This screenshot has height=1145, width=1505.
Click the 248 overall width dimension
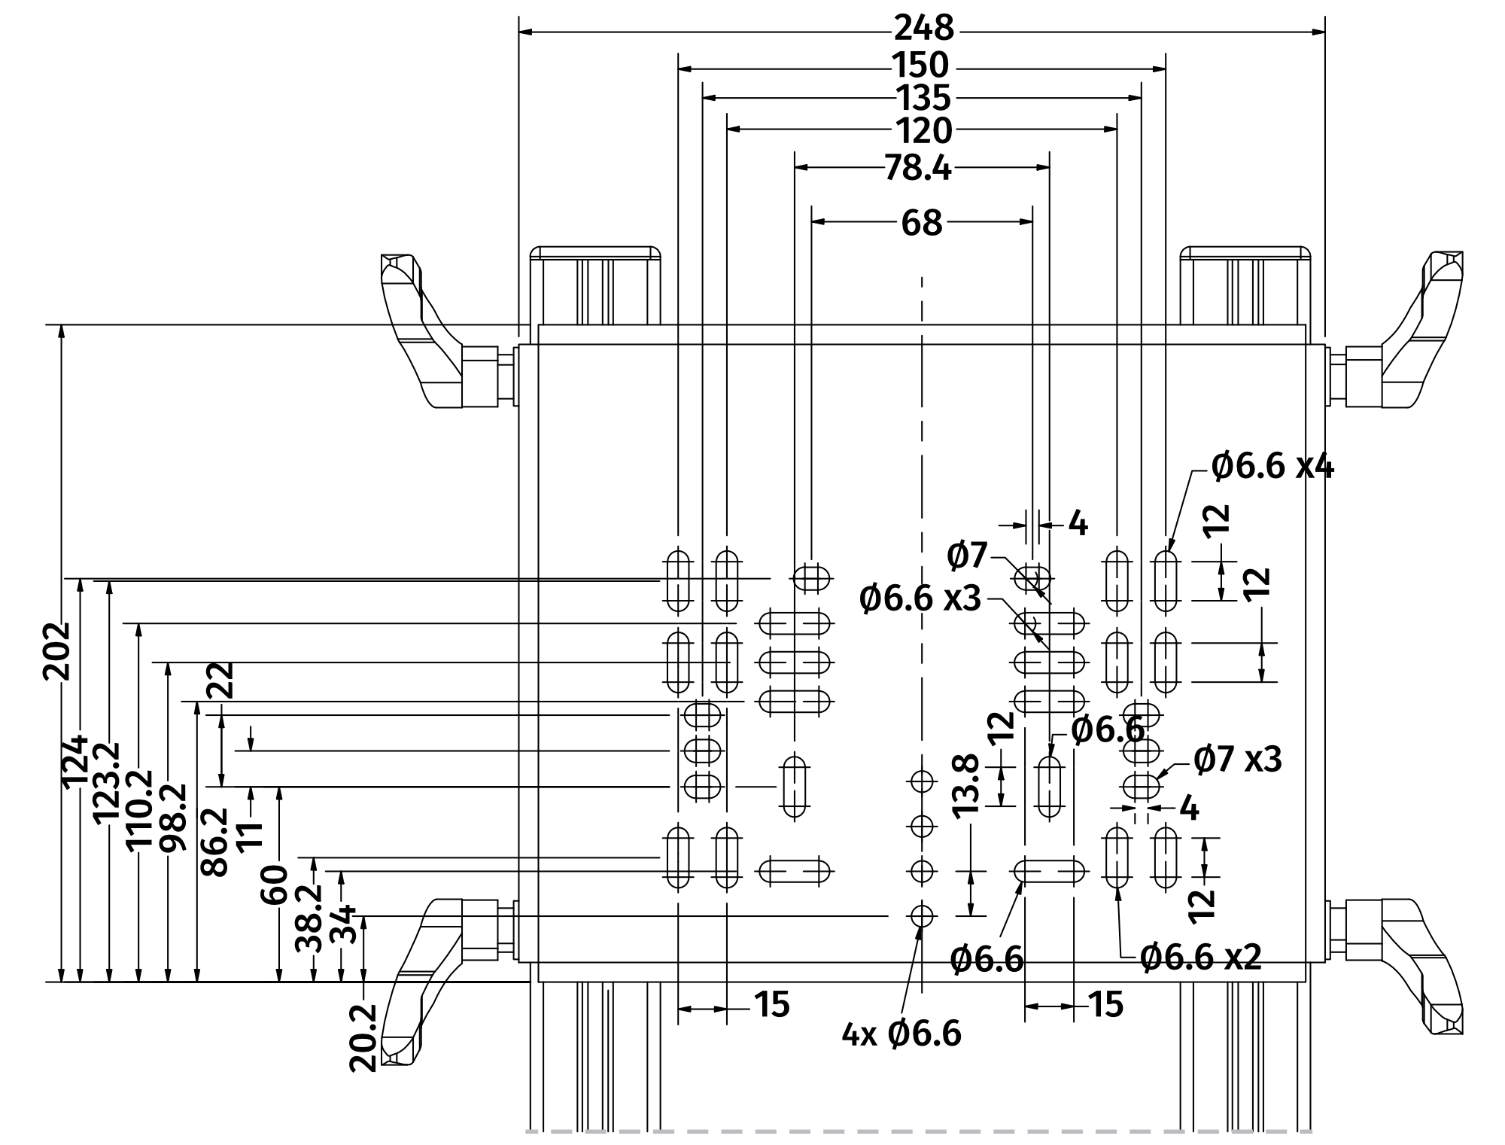(923, 29)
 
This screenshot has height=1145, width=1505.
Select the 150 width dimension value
(920, 66)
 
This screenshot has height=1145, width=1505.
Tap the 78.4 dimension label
(917, 169)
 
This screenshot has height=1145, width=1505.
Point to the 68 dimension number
(921, 223)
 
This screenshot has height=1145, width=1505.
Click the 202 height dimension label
(56, 651)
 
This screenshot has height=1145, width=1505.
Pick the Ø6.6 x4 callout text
(1272, 467)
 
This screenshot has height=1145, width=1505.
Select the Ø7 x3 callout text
(1237, 760)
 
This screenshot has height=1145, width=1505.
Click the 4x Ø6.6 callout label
(901, 1034)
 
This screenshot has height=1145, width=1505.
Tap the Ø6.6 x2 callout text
(1200, 958)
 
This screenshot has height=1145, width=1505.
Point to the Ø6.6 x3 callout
(920, 599)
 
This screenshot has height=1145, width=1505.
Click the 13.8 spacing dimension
(965, 784)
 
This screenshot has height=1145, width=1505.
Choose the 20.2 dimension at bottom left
(363, 1037)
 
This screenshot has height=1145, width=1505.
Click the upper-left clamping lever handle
(421, 331)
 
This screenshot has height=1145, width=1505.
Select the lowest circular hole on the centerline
(921, 915)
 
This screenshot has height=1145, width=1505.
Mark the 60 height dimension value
(275, 885)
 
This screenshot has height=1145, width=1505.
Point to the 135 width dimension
(923, 99)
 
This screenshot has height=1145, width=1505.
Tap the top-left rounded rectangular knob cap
(595, 253)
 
